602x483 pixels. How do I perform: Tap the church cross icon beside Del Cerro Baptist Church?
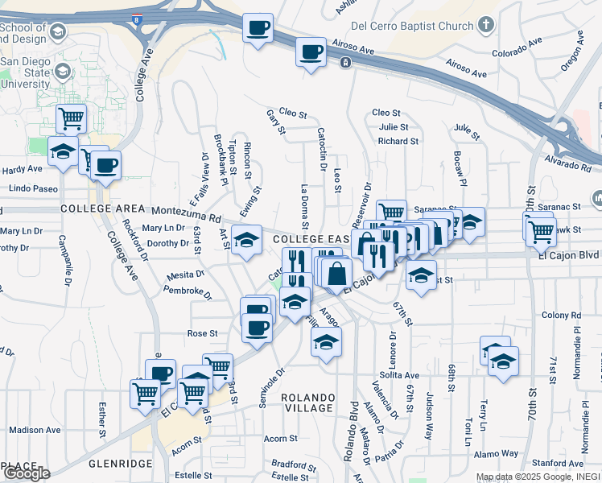point(485,24)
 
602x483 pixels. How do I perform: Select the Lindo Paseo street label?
point(34,188)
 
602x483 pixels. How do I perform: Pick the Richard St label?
point(398,141)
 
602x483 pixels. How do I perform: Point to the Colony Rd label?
point(561,315)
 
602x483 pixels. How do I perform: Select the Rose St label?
point(202,332)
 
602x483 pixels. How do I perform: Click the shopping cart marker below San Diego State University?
point(71,119)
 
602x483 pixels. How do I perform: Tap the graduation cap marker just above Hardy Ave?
point(62,151)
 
